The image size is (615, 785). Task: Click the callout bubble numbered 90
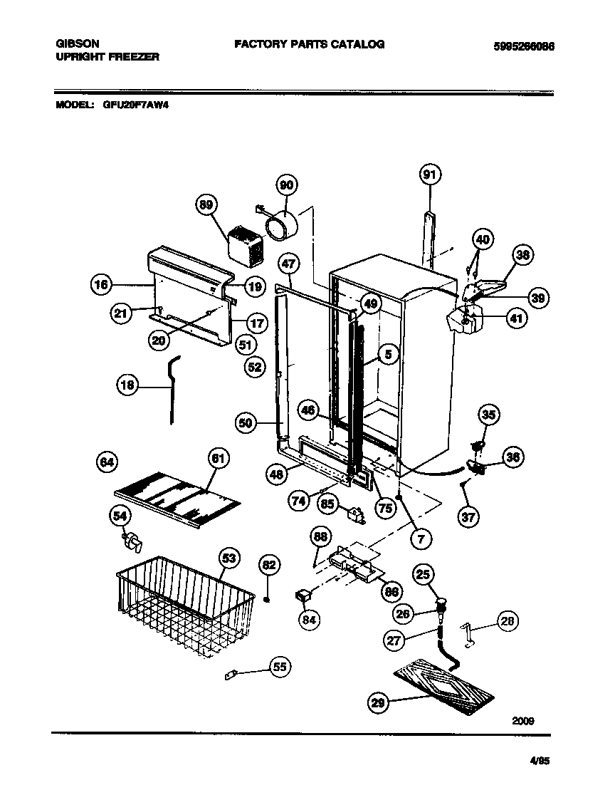click(x=286, y=185)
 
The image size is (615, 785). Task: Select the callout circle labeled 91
click(x=429, y=175)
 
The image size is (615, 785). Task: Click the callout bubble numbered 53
click(x=228, y=558)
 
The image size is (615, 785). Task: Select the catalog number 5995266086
click(x=523, y=47)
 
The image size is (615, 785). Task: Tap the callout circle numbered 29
click(x=379, y=702)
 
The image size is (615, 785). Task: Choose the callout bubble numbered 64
click(x=107, y=463)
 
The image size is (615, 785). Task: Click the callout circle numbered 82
click(x=268, y=566)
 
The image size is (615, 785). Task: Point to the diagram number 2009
click(x=523, y=720)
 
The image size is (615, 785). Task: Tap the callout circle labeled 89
click(x=206, y=205)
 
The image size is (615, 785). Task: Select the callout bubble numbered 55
click(x=280, y=667)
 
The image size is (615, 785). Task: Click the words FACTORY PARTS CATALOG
click(x=310, y=44)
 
